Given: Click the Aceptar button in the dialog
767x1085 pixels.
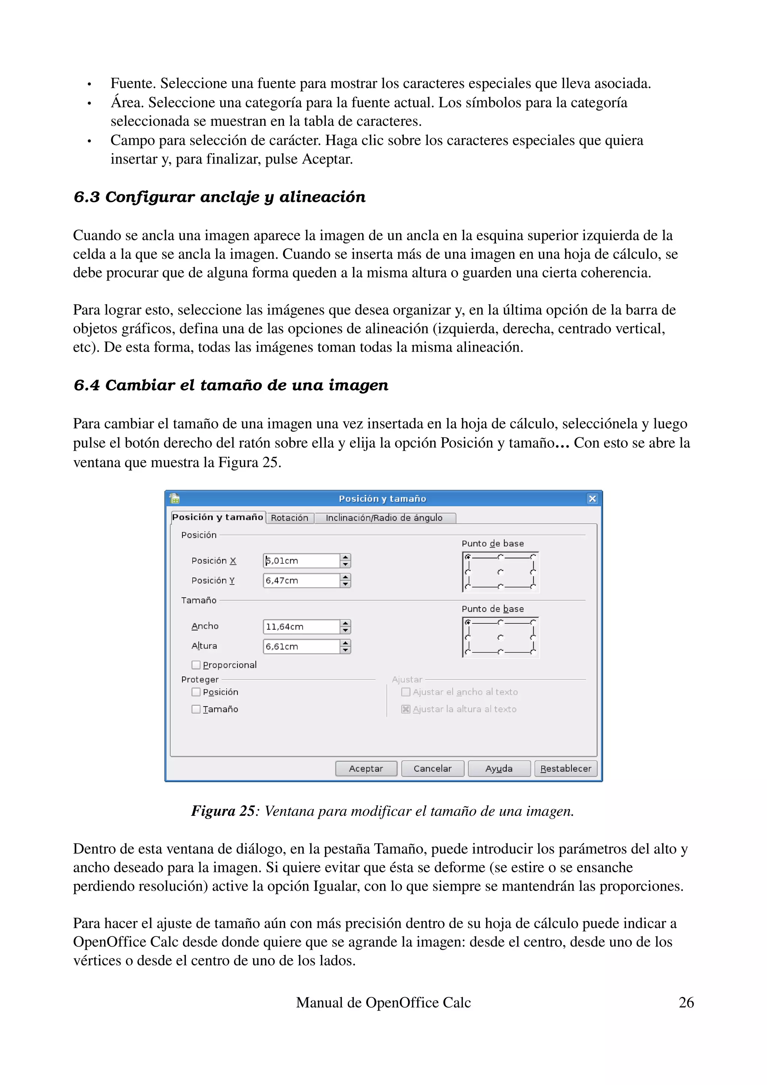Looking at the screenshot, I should [366, 768].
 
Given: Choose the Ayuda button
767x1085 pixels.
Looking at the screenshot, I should [498, 768].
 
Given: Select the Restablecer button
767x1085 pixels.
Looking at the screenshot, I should [566, 768].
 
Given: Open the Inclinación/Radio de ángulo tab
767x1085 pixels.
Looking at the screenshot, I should [384, 518].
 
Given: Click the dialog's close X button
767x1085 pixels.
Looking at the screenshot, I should [592, 499].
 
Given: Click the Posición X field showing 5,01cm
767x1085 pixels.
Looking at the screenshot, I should [301, 561].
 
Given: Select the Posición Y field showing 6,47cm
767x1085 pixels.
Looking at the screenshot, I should [301, 581].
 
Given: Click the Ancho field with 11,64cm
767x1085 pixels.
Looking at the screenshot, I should [301, 627].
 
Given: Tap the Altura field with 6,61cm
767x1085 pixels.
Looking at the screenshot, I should [301, 647].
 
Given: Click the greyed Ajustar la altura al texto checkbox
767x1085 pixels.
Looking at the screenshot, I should [406, 709].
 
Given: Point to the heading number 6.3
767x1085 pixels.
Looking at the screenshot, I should [87, 197].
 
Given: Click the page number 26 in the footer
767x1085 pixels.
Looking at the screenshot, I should [686, 1002].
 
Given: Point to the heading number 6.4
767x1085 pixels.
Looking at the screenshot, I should [87, 385].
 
